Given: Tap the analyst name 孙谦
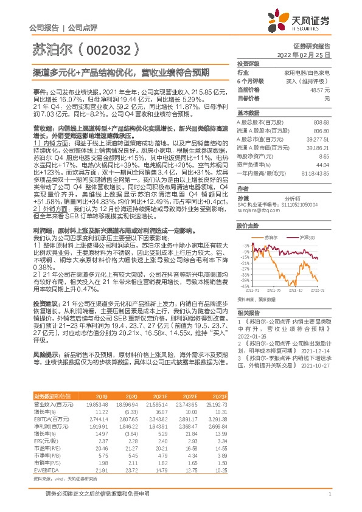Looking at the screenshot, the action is [243, 198].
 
